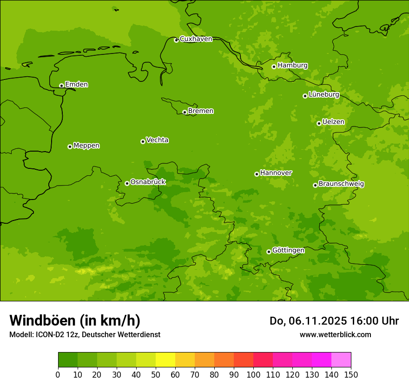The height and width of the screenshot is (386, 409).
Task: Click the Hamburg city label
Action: [292, 66]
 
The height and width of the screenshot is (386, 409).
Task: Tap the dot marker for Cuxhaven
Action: [176, 40]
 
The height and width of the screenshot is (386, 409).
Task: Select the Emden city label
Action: [76, 85]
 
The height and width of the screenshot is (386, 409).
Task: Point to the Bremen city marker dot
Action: [185, 112]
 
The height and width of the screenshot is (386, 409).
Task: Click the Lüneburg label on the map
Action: [323, 94]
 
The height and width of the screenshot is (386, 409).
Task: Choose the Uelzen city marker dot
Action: [319, 123]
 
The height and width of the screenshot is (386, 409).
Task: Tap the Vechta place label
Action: [157, 140]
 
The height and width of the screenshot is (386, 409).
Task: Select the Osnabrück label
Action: [148, 182]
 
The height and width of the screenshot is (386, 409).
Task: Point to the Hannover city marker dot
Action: [257, 174]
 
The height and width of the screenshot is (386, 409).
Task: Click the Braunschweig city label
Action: [341, 184]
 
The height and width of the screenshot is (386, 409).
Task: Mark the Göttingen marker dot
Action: [269, 252]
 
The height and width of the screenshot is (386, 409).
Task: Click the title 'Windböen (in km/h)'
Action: [75, 320]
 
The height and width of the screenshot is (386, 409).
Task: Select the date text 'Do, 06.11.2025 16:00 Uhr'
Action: [334, 321]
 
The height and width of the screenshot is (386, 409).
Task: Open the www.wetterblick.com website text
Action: [335, 334]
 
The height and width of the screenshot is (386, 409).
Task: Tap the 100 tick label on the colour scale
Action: [253, 374]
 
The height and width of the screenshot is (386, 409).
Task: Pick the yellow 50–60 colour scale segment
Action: [165, 360]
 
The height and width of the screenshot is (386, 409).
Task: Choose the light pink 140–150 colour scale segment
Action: [341, 360]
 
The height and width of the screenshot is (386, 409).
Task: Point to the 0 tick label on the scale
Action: [58, 374]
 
